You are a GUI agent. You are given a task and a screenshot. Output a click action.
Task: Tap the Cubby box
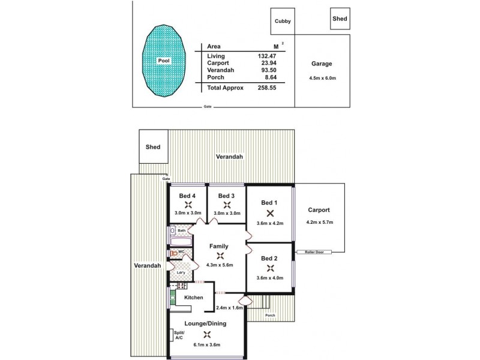pyautogui.click(x=283, y=22)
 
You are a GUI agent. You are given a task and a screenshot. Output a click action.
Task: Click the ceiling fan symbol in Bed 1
pyautogui.click(x=270, y=212)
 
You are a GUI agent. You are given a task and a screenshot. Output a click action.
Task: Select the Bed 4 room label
pyautogui.click(x=188, y=196)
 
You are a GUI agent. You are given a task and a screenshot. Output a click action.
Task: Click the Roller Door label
pyautogui.click(x=314, y=252)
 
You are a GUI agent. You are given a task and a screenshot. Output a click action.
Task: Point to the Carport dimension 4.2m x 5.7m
pyautogui.click(x=319, y=223)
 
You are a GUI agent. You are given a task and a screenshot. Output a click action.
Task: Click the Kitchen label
pyautogui.click(x=193, y=298)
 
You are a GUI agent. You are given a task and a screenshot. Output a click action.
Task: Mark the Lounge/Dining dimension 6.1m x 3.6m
pyautogui.click(x=207, y=344)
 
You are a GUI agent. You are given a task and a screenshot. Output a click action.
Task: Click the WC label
pyautogui.click(x=181, y=251)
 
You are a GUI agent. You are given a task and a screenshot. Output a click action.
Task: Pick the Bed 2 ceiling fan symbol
pyautogui.click(x=270, y=268)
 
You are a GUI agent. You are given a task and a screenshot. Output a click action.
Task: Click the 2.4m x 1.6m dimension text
pyautogui.click(x=229, y=308)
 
